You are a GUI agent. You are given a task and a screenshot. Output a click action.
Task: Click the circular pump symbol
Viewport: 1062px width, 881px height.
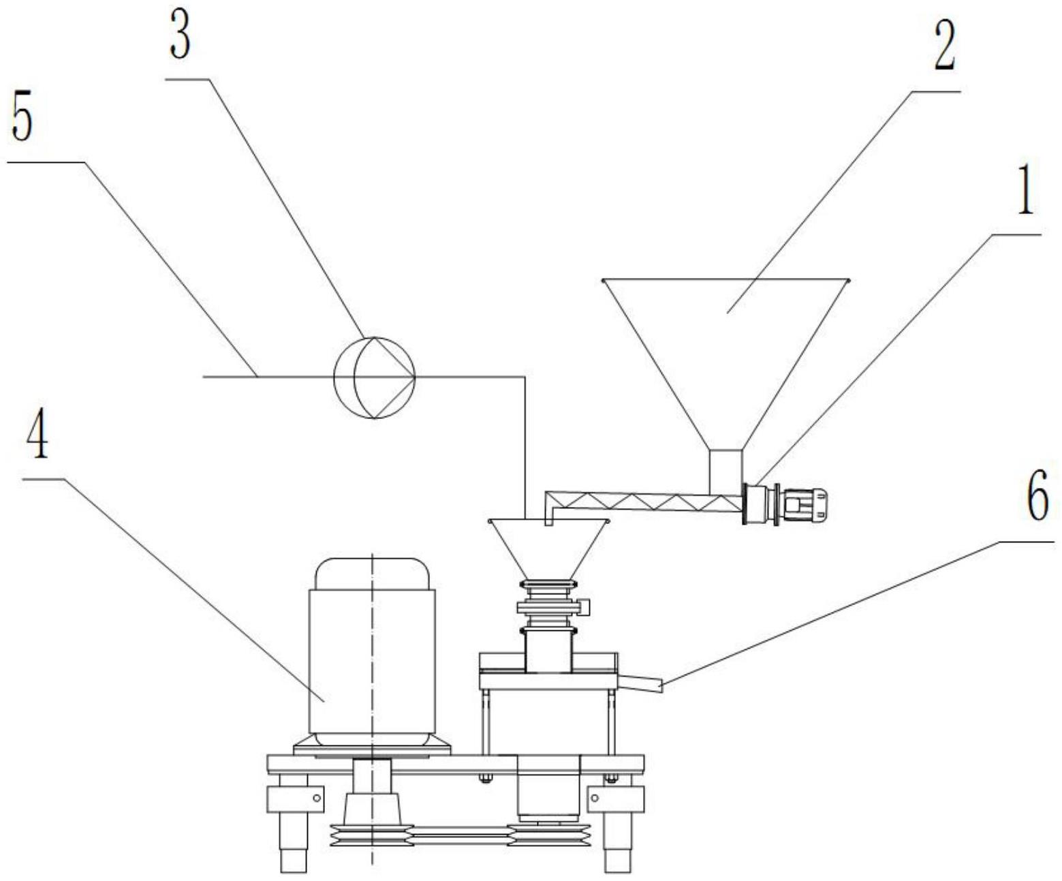[373, 377]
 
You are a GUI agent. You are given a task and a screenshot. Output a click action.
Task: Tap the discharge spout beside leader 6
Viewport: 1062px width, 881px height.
[643, 682]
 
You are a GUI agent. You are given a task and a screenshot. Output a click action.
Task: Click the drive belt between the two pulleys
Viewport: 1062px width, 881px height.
[460, 833]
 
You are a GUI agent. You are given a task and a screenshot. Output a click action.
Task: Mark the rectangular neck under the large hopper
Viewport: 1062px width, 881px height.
[725, 470]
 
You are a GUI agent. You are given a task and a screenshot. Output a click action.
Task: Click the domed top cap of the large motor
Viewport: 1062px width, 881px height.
[372, 572]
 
